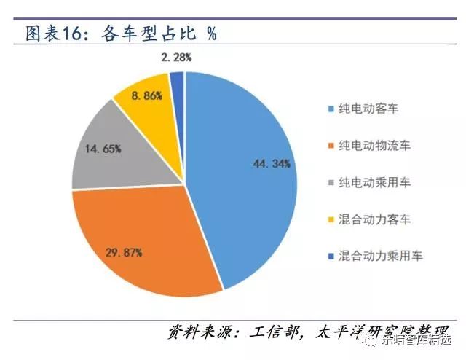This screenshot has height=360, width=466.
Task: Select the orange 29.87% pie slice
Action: (x=138, y=240)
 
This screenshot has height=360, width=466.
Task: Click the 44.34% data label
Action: (x=272, y=164)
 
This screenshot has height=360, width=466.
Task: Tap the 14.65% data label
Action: (x=102, y=148)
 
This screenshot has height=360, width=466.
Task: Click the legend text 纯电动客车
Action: (x=370, y=109)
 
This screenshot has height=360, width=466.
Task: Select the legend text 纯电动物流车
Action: (x=375, y=146)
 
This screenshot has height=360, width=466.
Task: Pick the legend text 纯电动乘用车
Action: (x=375, y=182)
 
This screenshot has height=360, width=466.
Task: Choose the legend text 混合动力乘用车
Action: (x=380, y=255)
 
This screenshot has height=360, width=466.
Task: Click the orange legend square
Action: (x=331, y=146)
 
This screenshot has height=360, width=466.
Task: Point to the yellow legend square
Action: (x=331, y=219)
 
